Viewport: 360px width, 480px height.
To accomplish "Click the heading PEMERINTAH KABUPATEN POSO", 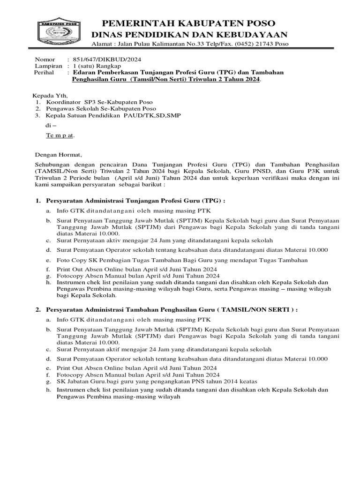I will click(x=189, y=23).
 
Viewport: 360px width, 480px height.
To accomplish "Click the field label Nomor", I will click(x=45, y=60).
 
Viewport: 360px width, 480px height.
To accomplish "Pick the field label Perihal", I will click(x=45, y=73).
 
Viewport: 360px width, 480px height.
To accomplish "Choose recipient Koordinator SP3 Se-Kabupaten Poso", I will click(x=99, y=102).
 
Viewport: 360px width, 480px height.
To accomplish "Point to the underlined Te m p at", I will click(x=60, y=135).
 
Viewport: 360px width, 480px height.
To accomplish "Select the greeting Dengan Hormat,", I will click(x=59, y=155).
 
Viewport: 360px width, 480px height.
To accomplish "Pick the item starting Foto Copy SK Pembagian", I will click(x=182, y=260).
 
